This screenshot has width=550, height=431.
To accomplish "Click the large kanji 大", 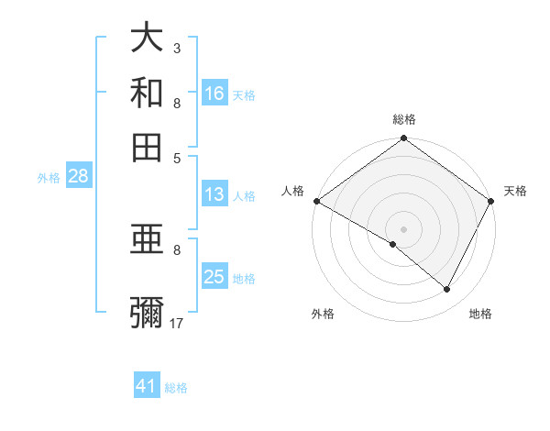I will tap(147, 39).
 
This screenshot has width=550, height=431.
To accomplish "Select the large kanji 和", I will tap(147, 94).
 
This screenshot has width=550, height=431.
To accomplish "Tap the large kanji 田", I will tap(147, 147).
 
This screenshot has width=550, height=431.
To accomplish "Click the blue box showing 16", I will tap(214, 93).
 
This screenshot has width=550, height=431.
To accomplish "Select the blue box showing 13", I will tap(214, 194).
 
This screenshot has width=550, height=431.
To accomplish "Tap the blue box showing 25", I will tap(214, 278).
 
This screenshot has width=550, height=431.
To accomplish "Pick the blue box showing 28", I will tap(77, 177).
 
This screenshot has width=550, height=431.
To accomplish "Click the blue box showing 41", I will tap(147, 386).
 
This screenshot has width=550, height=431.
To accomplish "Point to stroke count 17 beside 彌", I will tap(178, 324).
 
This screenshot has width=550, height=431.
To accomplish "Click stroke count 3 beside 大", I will tap(176, 48).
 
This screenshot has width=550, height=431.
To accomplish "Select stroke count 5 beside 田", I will tap(177, 157).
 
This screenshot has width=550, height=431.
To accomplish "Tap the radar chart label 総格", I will tap(404, 119).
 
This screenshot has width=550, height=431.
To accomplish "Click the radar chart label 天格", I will tap(515, 191).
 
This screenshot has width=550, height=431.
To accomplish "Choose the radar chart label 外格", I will tap(323, 314).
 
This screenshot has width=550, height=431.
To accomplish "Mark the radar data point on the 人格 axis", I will tap(317, 201).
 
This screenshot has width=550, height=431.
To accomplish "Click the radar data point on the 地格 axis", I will tap(447, 290).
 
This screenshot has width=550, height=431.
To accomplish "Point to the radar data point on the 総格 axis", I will tap(404, 139).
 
